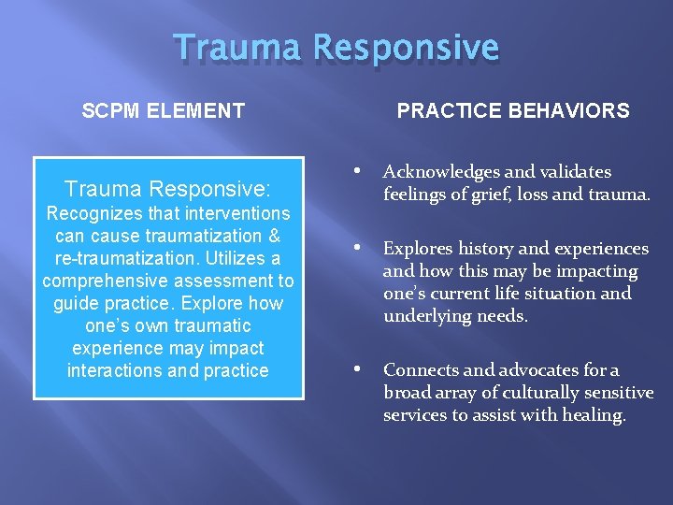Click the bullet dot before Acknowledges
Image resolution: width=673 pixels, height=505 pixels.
coord(358,171)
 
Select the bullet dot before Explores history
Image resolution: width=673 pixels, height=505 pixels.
coord(358,249)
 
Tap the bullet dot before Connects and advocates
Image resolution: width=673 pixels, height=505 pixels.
coord(358,370)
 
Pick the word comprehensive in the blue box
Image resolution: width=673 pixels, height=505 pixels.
coord(104,281)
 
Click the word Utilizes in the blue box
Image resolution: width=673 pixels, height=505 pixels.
coord(221,258)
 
